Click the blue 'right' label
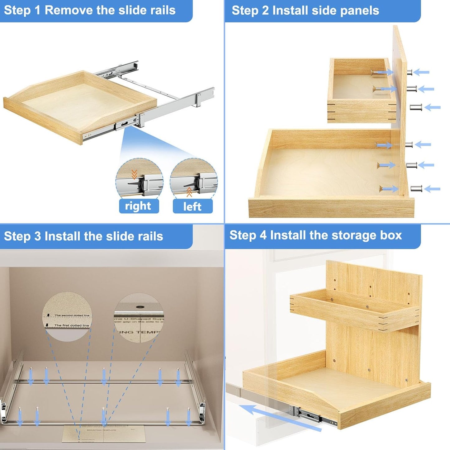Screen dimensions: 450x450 tap(139, 206)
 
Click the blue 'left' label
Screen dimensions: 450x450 tap(192, 206)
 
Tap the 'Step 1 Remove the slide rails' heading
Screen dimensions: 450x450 tap(90, 10)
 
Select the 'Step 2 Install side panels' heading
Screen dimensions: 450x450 tap(305, 11)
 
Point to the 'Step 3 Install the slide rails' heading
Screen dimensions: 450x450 tap(83, 236)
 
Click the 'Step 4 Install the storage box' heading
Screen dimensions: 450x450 tap(315, 235)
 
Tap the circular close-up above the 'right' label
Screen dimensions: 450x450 tap(139, 178)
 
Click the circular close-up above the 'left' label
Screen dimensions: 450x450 tap(194, 178)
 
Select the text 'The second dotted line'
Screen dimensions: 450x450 tap(72, 315)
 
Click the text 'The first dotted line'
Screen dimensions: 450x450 tap(72, 325)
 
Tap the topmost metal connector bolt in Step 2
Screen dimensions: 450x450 tap(410, 73)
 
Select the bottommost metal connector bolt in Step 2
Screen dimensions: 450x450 tap(416, 189)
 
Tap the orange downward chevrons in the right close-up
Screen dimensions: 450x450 tap(134, 174)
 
